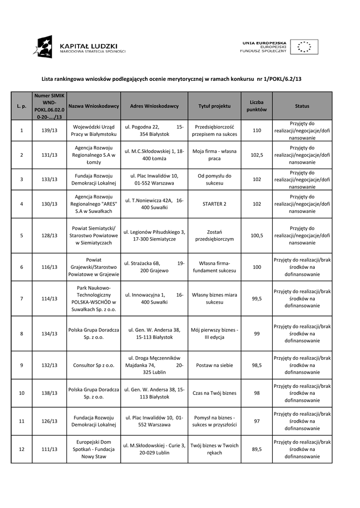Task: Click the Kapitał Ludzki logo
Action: coord(79,47)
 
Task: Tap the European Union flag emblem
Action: coord(304,47)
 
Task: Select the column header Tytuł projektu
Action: coord(215,106)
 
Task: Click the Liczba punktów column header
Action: coord(257,106)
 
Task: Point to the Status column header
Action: coord(302,106)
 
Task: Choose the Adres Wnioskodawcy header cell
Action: coord(154,106)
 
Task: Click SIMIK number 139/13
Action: coord(50,130)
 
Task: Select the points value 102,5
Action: coord(257,155)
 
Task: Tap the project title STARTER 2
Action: coord(215,203)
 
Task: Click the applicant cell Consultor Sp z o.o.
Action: coord(94,365)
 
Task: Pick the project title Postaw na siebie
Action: coord(215,365)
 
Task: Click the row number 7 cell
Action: coord(21,299)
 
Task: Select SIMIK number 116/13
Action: coord(50,267)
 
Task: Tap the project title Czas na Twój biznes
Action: coord(215,393)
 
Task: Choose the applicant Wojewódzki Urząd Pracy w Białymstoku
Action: coord(94,130)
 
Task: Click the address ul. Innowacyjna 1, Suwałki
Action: coord(154,299)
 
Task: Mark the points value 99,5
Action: coord(257,299)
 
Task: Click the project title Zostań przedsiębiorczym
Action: coord(215,235)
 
